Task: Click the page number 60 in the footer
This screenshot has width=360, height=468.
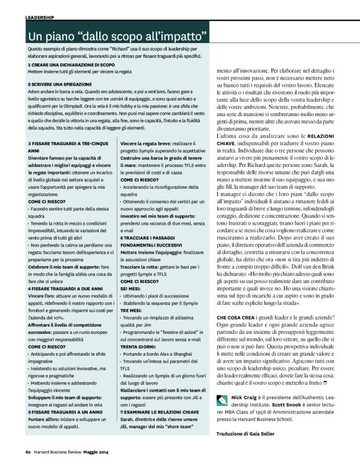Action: [29, 459]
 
